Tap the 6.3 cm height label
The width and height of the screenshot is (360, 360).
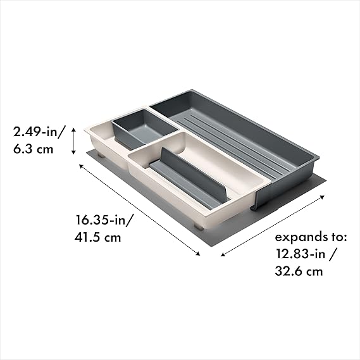pos(34,149)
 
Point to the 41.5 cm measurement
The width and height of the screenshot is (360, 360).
pos(97,237)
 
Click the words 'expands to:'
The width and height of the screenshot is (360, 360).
pos(311,237)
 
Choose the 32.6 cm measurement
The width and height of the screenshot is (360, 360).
pos(299,271)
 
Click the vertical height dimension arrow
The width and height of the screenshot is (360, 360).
pos(73,141)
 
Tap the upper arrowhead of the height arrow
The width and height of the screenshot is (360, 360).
pos(73,129)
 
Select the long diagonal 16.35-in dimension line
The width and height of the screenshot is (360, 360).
pos(139,210)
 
